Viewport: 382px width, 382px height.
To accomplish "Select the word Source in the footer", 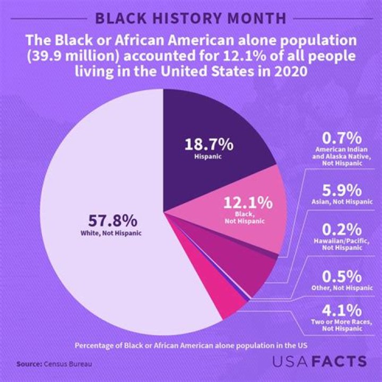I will pyautogui.click(x=29, y=364).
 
